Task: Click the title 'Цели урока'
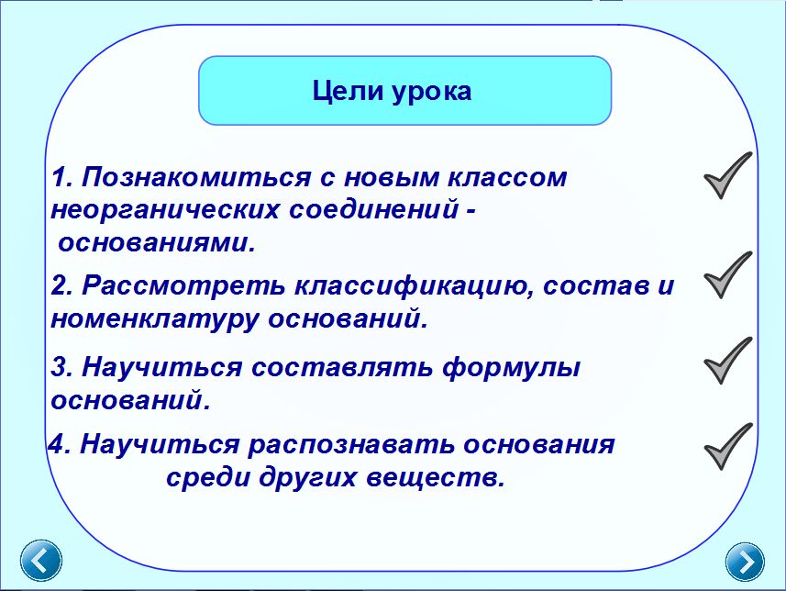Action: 392,92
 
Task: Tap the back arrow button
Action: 41,561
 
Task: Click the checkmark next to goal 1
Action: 728,175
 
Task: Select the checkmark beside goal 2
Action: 728,275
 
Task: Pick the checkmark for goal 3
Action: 728,361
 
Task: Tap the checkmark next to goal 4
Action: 728,446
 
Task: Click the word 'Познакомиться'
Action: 196,177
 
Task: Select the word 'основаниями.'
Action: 157,243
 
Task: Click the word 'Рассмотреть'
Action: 183,285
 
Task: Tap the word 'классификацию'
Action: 413,286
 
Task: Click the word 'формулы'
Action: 511,368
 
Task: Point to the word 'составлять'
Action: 341,367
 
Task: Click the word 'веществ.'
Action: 435,477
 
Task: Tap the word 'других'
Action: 308,478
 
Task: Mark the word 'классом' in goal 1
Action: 507,178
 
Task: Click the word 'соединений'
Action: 373,209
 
